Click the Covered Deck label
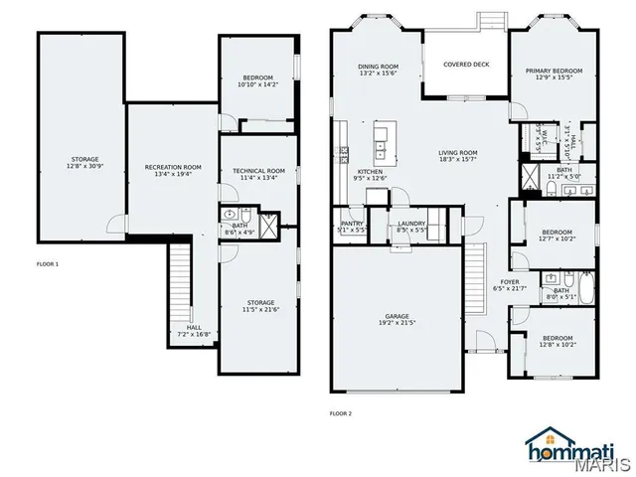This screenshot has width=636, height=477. [x=466, y=64]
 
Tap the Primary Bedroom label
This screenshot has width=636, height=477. [x=554, y=71]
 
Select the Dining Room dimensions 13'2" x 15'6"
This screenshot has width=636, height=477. [x=378, y=74]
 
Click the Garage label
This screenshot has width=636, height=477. [x=396, y=315]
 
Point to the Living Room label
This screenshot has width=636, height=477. [x=458, y=152]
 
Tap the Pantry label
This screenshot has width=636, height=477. [x=352, y=224]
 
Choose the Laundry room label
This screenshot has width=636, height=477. [x=411, y=224]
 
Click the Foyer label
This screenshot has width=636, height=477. [x=510, y=282]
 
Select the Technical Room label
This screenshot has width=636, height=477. [x=258, y=171]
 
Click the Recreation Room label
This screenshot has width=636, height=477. [x=173, y=167]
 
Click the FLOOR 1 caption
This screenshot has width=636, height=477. [x=48, y=264]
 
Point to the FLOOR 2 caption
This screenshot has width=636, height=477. [x=340, y=413]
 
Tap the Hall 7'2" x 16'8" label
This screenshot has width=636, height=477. [x=193, y=327]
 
